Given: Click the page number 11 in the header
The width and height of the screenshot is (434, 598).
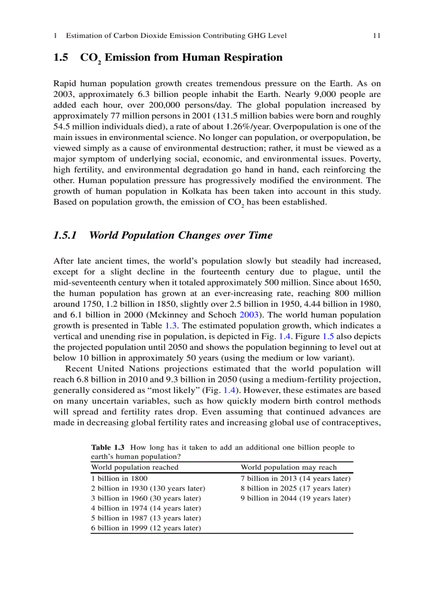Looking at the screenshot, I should [x=376, y=36].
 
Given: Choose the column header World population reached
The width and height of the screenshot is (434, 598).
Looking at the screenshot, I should [x=135, y=467].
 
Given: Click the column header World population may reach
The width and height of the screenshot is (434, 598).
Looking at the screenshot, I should [x=289, y=467].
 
